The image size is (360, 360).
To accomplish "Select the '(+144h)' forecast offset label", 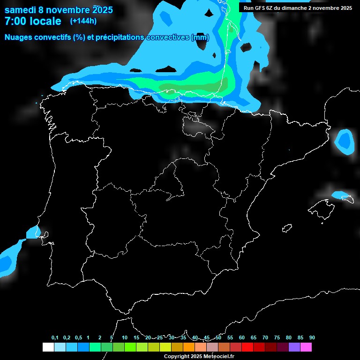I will click(83, 21).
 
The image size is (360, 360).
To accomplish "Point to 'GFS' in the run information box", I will click(259, 8).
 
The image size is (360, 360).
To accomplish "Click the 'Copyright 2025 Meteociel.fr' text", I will click(199, 356).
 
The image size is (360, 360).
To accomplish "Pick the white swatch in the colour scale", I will click(48, 347).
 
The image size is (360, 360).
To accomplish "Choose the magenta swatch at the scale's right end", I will click(306, 347).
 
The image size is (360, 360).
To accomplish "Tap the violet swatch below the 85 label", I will click(294, 347).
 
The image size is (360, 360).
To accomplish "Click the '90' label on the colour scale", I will click(312, 338).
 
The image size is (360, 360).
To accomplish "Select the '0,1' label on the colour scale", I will click(55, 338).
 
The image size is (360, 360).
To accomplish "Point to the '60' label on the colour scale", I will click(242, 338).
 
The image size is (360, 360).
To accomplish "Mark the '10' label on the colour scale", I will click(125, 338).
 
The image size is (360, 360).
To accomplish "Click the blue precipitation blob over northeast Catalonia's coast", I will click(345, 141).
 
